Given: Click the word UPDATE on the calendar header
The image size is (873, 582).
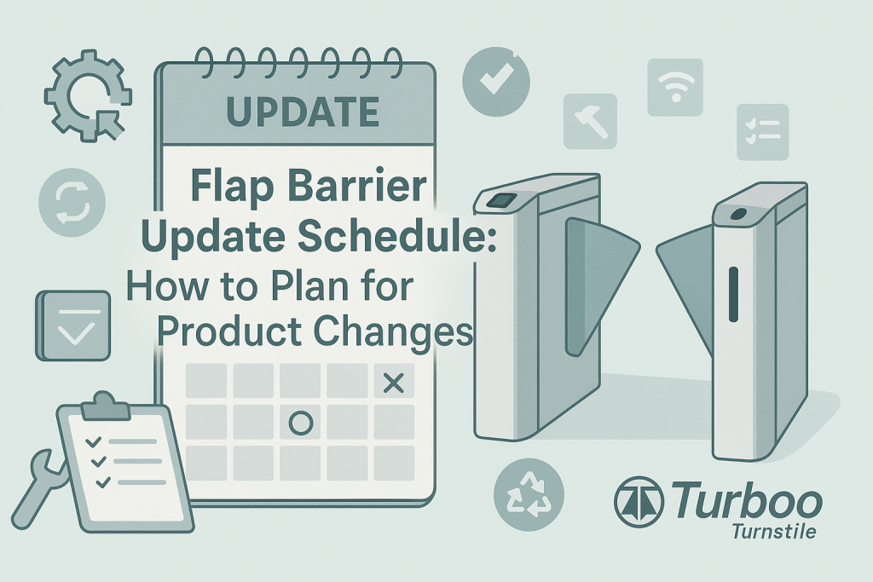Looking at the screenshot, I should tap(302, 111).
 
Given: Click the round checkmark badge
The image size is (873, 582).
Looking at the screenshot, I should tap(495, 82).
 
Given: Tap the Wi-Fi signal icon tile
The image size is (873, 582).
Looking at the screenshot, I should tap(675, 86).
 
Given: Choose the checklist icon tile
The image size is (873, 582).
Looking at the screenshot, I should tap(761, 132).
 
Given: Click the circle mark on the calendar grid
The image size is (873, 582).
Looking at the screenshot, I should tap(300, 423).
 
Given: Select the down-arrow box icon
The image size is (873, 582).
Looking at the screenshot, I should tap(72, 325).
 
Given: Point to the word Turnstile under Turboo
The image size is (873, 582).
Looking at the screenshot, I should tap(773, 532).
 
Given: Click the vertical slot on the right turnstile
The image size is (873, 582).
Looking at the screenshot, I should tap(731, 295).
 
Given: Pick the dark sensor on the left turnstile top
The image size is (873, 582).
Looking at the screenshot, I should tap(500, 201).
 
